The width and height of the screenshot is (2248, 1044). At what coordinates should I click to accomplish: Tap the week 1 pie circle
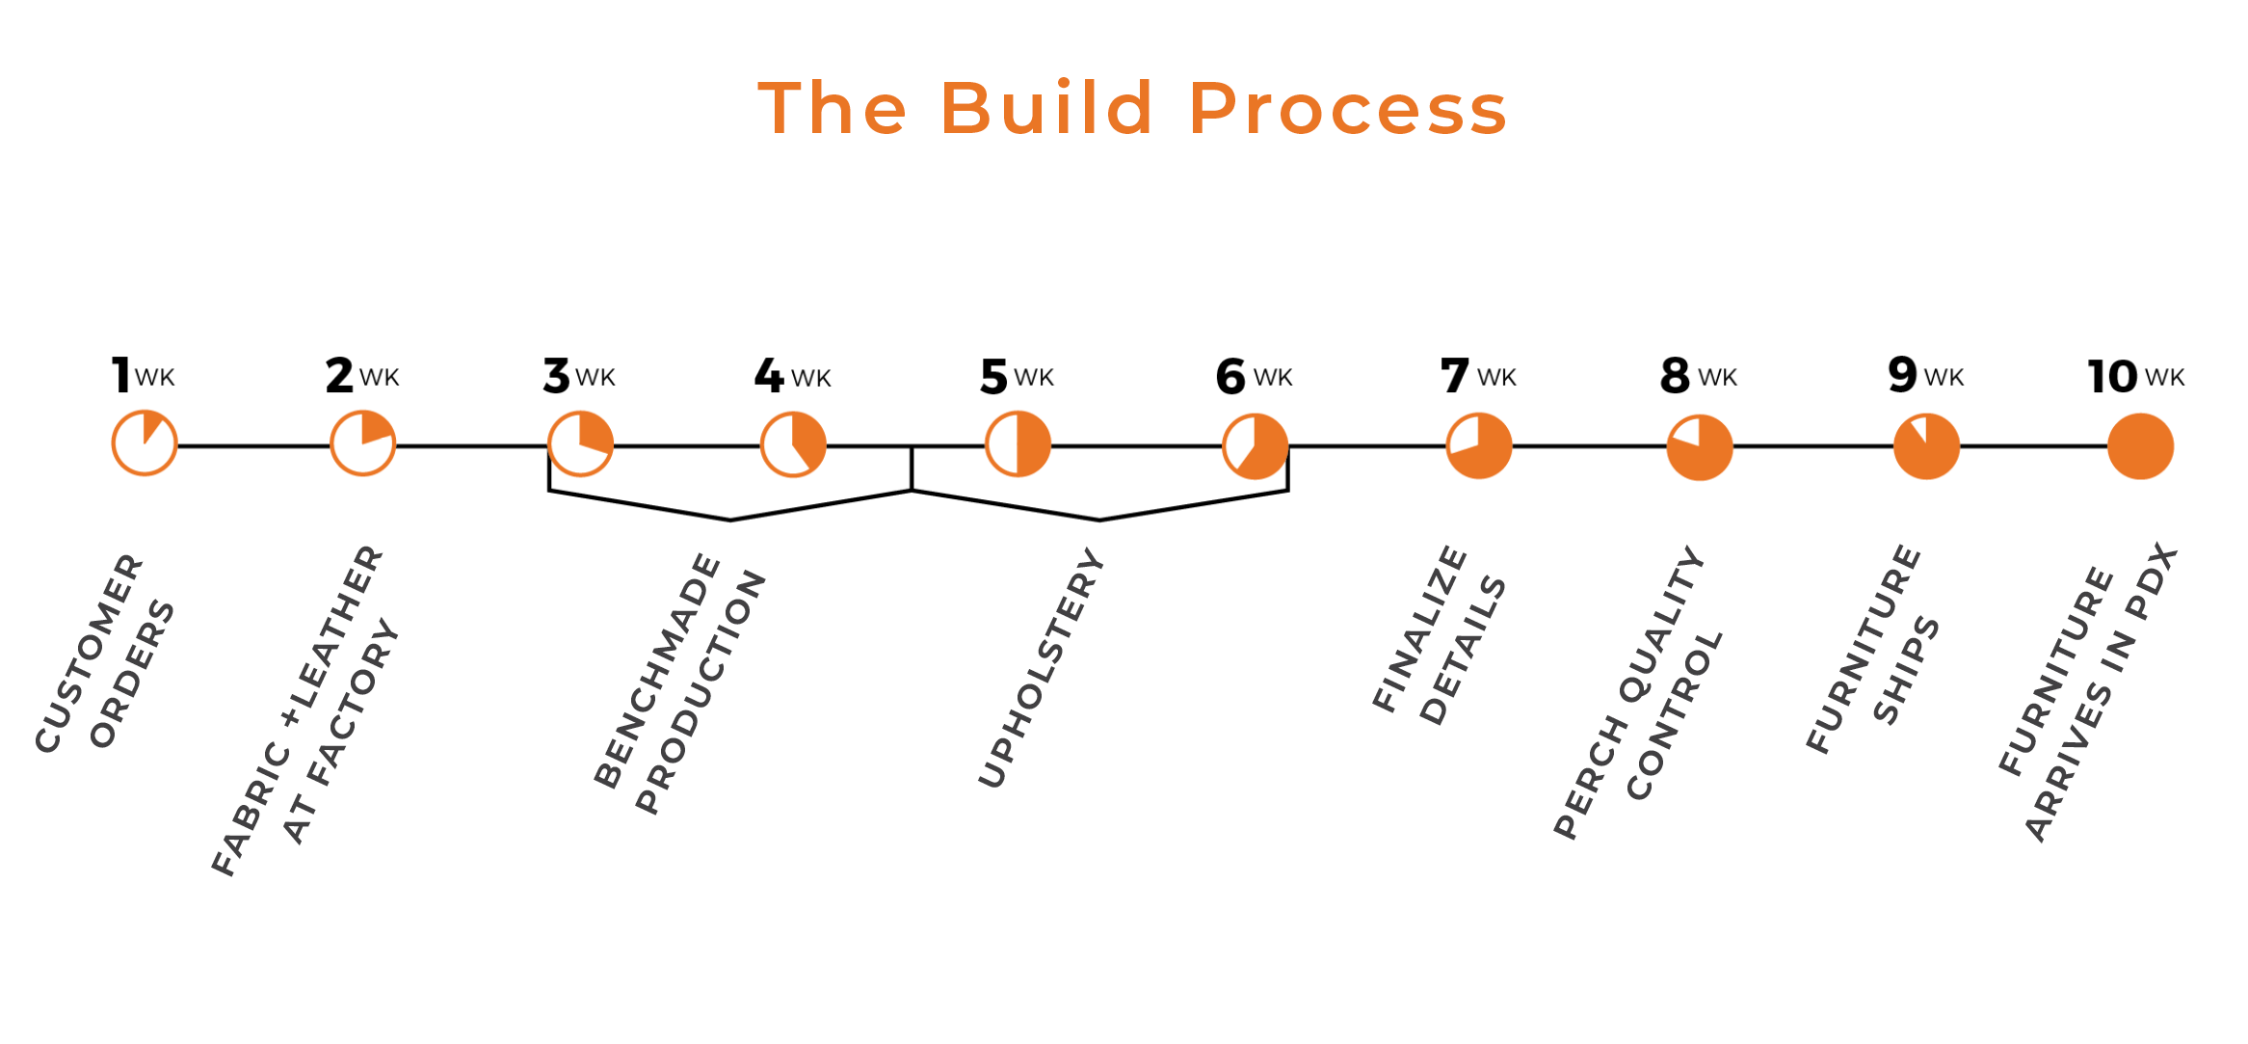[145, 443]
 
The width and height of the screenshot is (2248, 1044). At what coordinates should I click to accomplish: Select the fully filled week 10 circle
[2140, 446]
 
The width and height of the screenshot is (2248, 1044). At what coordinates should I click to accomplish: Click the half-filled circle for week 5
[1018, 444]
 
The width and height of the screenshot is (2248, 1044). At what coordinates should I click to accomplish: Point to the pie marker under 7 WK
[1478, 445]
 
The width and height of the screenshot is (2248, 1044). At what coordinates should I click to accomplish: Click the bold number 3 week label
[556, 376]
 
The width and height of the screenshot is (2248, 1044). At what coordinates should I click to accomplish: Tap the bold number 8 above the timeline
[1675, 376]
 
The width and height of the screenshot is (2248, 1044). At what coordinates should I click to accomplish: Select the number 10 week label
[2112, 377]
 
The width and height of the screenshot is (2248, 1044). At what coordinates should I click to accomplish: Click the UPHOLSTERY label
[1041, 668]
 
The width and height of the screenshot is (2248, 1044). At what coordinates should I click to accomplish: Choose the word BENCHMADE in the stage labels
[657, 671]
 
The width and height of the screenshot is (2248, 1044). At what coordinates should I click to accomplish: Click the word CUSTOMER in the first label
[89, 654]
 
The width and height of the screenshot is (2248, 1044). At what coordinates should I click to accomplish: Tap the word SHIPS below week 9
[1906, 671]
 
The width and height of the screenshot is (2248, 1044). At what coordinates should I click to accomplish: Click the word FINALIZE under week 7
[1419, 629]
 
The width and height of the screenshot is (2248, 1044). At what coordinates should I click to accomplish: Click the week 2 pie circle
[362, 443]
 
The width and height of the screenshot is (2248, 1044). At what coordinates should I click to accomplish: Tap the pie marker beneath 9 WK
[1926, 446]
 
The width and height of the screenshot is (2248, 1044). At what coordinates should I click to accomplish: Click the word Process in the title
[1348, 108]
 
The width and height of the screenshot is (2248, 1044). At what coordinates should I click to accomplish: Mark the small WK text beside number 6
[1273, 378]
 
